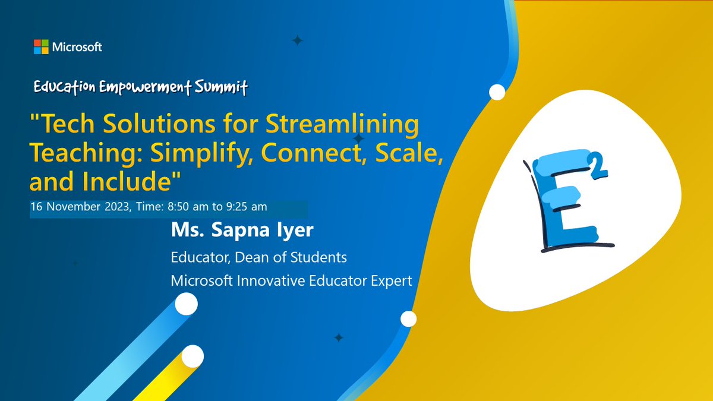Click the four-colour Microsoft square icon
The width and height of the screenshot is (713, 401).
(41, 47)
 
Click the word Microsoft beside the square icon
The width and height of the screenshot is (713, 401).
(77, 47)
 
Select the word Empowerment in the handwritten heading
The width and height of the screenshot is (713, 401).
(146, 87)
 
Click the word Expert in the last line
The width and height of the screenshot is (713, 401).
(391, 280)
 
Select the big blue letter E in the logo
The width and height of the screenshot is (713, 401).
(563, 205)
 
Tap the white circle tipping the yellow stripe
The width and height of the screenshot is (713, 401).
(193, 357)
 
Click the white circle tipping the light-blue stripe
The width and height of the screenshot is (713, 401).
(187, 305)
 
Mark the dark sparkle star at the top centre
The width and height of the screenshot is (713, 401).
(297, 40)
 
